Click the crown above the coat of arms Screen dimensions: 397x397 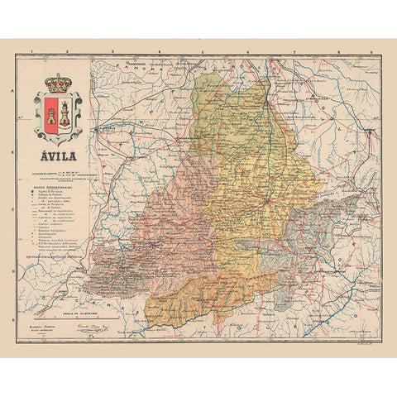pos(58,84)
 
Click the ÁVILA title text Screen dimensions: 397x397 pos(57,155)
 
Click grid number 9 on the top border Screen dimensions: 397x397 pos(371,52)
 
